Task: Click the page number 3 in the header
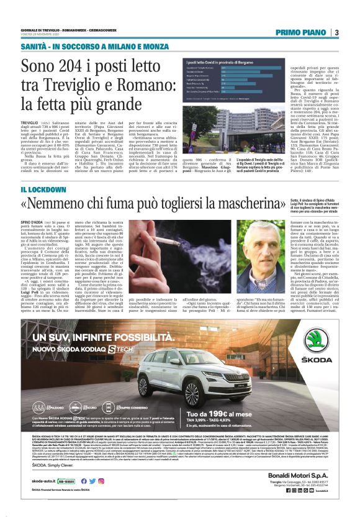(336, 32)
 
